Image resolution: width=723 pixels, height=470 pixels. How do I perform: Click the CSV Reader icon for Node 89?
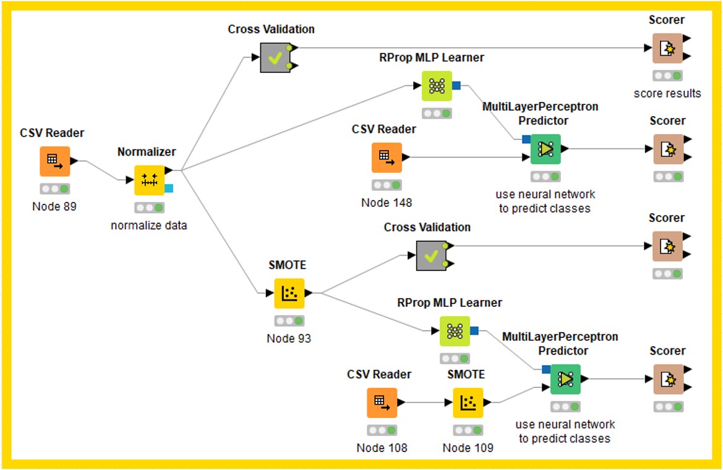coord(55,161)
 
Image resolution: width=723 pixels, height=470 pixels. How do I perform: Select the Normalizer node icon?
coord(150,180)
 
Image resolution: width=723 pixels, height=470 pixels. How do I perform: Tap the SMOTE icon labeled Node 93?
coord(289,293)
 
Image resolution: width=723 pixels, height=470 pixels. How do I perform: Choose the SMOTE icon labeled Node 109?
coord(468,403)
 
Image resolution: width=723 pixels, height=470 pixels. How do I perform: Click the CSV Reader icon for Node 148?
coord(387,157)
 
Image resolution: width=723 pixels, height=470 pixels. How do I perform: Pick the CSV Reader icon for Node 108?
coord(382,403)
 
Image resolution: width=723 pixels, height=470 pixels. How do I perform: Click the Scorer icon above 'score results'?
coord(667,48)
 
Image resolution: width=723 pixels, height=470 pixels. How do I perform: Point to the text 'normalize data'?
coord(148,225)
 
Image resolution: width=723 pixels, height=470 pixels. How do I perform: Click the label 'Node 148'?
coord(387,203)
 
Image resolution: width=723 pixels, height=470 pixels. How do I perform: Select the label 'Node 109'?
coord(468,448)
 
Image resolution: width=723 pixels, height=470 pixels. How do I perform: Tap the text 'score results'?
coord(667,94)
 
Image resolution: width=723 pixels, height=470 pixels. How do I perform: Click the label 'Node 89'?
coord(54,206)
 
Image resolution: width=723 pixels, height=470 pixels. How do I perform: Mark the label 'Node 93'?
coord(289,338)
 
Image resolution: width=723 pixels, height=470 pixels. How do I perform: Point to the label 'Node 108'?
coord(382,448)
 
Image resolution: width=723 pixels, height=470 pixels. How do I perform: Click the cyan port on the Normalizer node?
coord(169,188)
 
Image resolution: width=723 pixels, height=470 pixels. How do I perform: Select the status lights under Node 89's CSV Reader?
coord(55,188)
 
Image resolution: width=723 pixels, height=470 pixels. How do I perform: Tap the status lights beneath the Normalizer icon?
coord(150,208)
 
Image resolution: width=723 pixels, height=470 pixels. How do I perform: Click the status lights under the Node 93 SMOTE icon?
coord(289,321)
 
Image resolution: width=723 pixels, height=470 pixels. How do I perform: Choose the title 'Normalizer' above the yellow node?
coord(147,151)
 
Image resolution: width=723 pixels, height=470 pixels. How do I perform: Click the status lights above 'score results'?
coord(667,75)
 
